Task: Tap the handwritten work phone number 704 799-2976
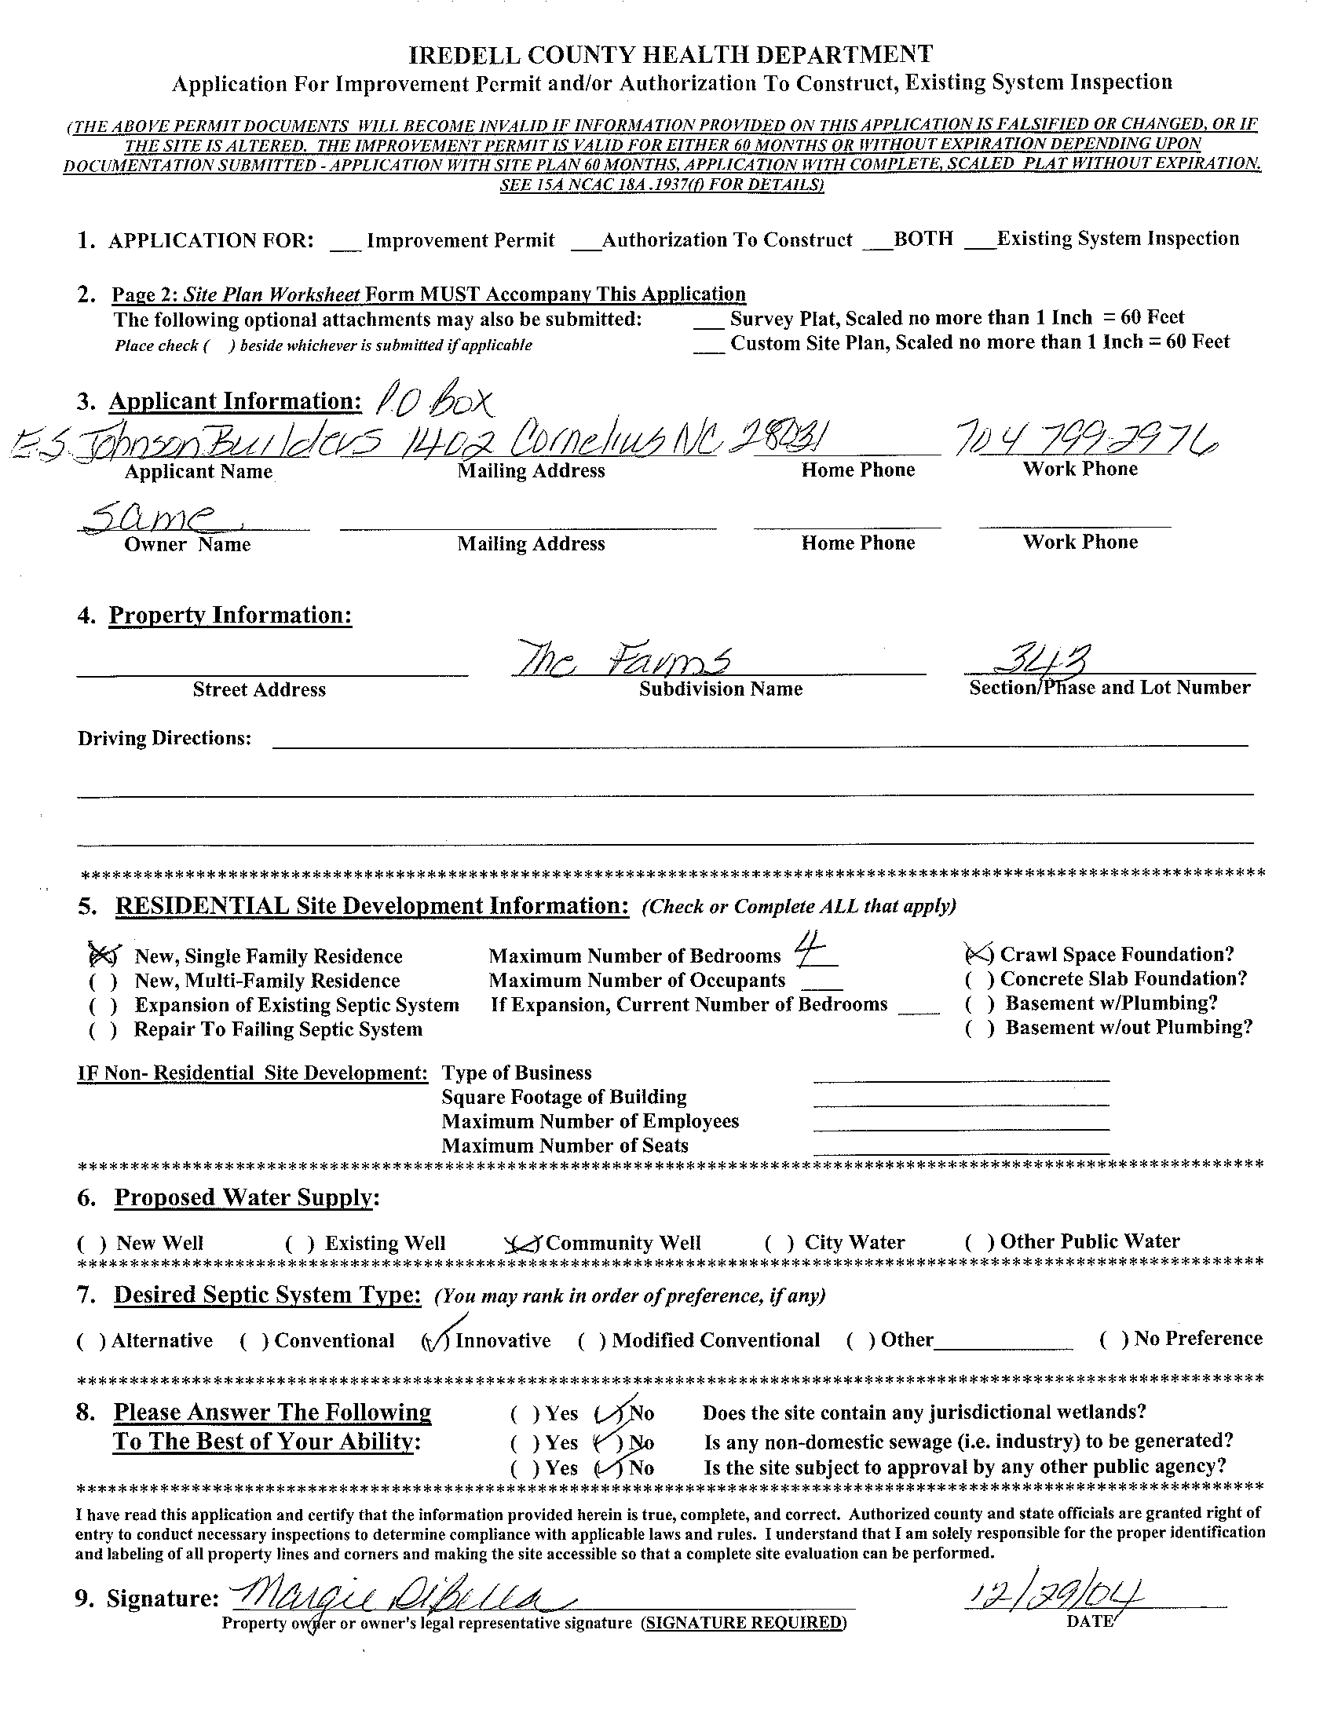[x=1086, y=440]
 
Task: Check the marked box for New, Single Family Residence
[x=104, y=956]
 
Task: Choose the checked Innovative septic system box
[x=436, y=1339]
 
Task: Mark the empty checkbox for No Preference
[x=1112, y=1339]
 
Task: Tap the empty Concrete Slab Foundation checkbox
[x=978, y=979]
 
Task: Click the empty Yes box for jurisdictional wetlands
[x=525, y=1413]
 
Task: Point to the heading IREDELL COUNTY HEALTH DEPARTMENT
[x=671, y=54]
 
